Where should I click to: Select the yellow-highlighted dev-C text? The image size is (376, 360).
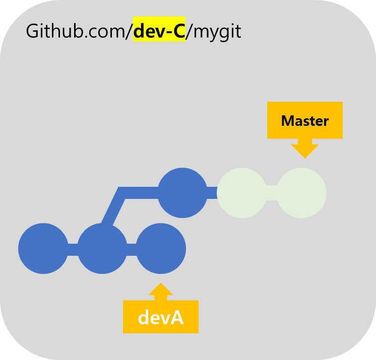pyautogui.click(x=159, y=31)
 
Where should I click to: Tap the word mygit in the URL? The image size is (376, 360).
pyautogui.click(x=217, y=32)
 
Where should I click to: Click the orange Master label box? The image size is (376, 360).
pyautogui.click(x=304, y=120)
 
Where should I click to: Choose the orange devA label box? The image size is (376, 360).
pyautogui.click(x=160, y=317)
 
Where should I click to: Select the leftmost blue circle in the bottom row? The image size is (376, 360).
pyautogui.click(x=43, y=249)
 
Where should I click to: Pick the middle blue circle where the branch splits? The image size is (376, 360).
pyautogui.click(x=102, y=249)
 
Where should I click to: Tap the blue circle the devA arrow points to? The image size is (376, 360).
pyautogui.click(x=161, y=249)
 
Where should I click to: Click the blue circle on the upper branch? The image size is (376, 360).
pyautogui.click(x=182, y=193)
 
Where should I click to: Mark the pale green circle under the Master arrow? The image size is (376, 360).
pyautogui.click(x=301, y=193)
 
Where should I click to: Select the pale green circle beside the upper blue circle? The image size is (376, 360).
pyautogui.click(x=241, y=193)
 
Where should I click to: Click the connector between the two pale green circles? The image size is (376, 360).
pyautogui.click(x=272, y=193)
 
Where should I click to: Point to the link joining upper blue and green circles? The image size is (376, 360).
pyautogui.click(x=212, y=193)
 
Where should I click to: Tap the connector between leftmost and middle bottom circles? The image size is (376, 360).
pyautogui.click(x=73, y=249)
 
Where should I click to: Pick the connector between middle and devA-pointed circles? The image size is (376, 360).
pyautogui.click(x=132, y=249)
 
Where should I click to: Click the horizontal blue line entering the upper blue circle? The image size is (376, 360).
pyautogui.click(x=141, y=193)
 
